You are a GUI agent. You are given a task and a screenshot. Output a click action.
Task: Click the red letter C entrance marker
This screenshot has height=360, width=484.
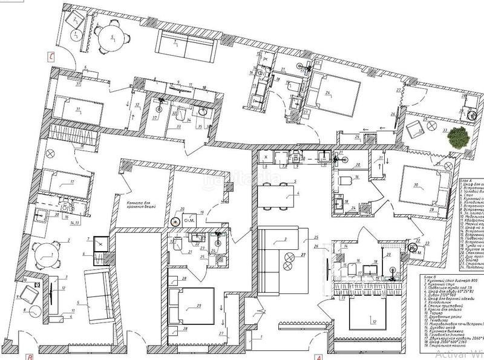(x=52, y=57)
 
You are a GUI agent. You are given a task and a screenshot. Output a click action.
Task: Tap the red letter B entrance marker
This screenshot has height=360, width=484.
(x=29, y=356)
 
